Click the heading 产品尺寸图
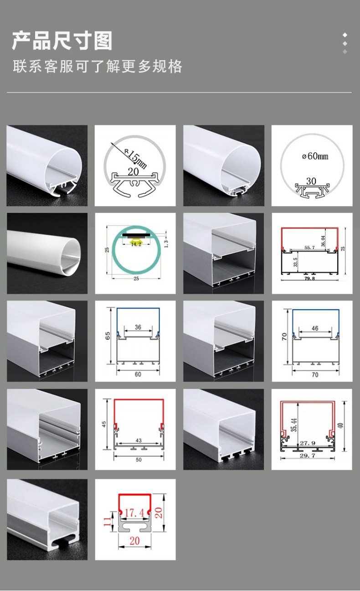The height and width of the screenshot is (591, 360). [x=62, y=41]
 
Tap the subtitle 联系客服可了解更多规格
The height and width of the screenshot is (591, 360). [x=98, y=67]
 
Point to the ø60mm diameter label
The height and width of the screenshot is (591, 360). [x=315, y=156]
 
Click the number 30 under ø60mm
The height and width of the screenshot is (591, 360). [x=311, y=181]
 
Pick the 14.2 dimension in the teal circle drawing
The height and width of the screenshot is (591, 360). [x=136, y=244]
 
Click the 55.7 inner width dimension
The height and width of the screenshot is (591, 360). [x=309, y=248]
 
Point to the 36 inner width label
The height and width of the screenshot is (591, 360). [x=138, y=327]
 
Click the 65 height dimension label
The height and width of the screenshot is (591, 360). [x=108, y=336]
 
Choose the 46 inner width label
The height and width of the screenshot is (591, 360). [x=315, y=328]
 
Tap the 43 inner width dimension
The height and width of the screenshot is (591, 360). [x=138, y=440]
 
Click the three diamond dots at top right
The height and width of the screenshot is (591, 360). [x=345, y=43]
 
